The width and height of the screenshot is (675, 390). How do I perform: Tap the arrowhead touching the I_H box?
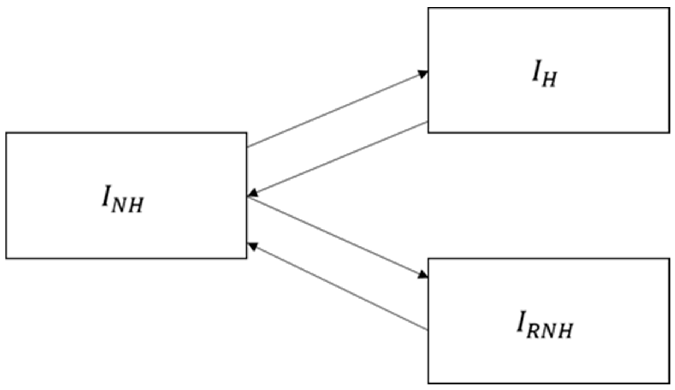click(423, 74)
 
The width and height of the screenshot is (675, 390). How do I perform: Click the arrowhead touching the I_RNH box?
click(423, 275)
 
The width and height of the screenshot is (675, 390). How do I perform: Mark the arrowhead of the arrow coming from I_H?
click(252, 193)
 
